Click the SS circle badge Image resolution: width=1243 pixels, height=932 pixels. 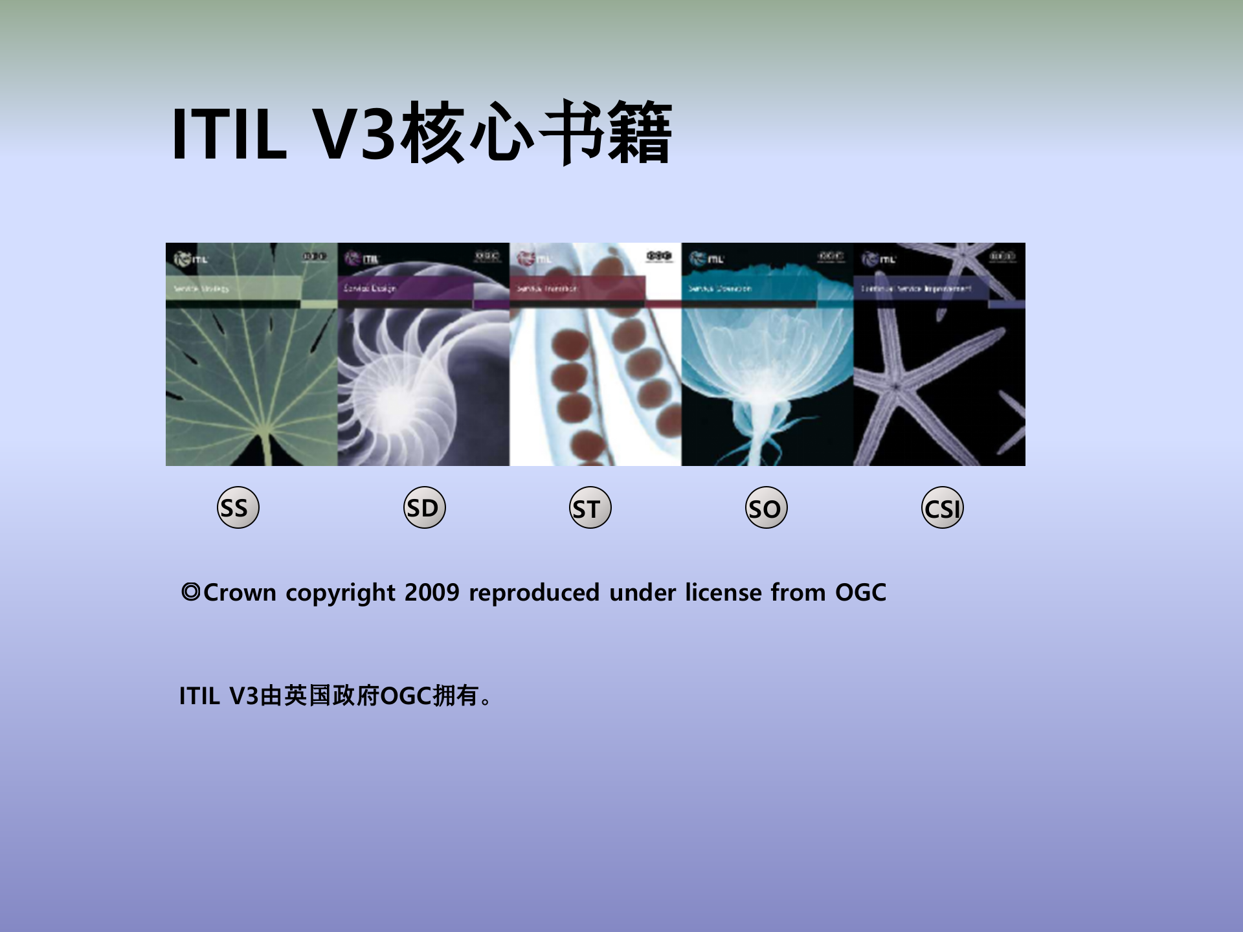coord(238,507)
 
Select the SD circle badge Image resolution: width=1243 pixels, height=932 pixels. coord(424,507)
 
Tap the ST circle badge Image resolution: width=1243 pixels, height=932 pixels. coord(590,508)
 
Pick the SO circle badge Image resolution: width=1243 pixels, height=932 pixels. coord(766,508)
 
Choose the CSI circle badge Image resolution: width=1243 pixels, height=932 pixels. coord(942,508)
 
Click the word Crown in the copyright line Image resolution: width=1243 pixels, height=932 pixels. coord(240,593)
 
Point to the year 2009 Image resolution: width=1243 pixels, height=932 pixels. coord(432,593)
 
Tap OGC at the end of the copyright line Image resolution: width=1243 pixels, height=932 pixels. coord(860,593)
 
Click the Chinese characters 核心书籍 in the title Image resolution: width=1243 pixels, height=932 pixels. coord(536,133)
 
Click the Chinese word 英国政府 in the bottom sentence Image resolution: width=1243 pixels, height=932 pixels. coord(331,696)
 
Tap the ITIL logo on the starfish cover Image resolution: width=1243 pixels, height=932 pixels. coord(879,259)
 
